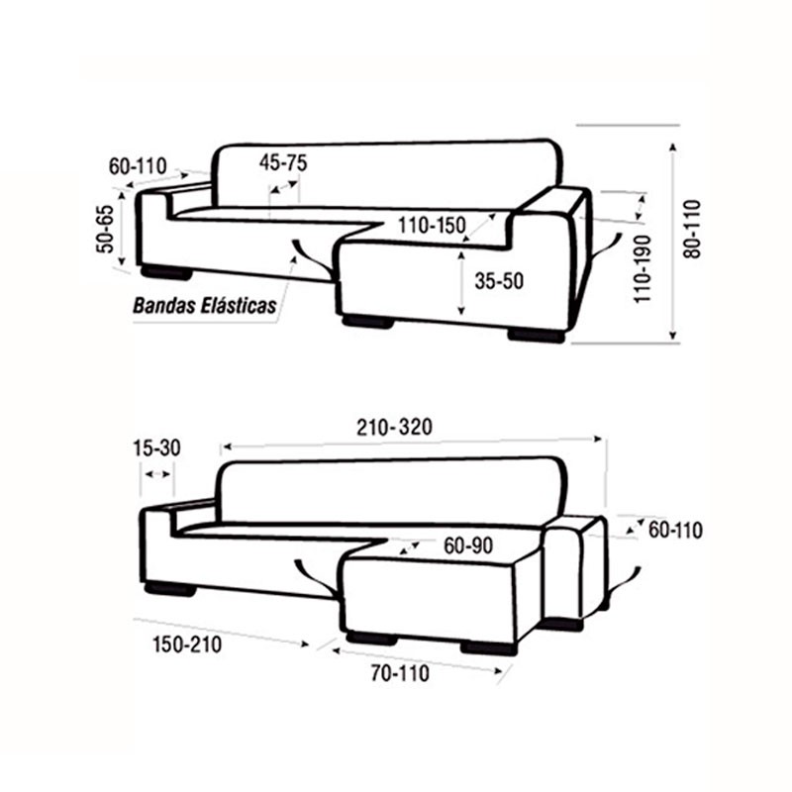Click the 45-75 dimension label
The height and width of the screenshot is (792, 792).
click(x=283, y=162)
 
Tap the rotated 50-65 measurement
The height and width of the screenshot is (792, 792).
click(x=106, y=229)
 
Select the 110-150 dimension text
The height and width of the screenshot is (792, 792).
click(x=432, y=226)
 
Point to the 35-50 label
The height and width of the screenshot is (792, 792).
click(x=499, y=281)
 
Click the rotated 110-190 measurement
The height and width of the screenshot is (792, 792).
click(x=643, y=268)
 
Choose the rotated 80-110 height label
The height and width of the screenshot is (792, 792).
click(x=692, y=230)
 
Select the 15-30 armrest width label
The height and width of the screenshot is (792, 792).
click(x=156, y=448)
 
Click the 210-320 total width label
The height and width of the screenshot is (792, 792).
click(x=394, y=428)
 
